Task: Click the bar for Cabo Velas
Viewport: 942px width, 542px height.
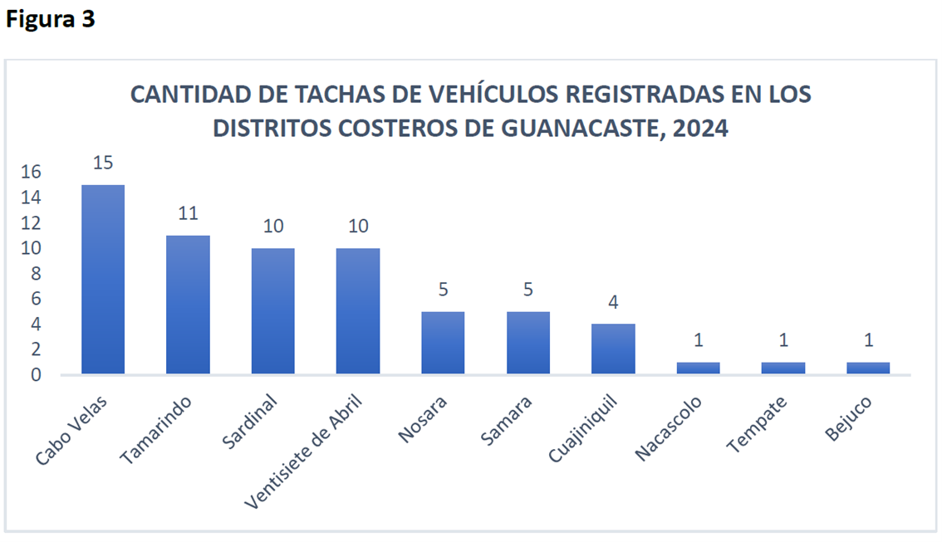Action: tap(103, 279)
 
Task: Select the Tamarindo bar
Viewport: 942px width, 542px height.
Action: tap(188, 305)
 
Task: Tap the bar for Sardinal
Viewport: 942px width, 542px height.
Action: tap(273, 311)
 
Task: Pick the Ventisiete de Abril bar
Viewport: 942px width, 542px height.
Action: tap(358, 311)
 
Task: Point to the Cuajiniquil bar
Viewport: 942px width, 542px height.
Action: tap(614, 349)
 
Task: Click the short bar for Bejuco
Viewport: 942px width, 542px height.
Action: tap(868, 368)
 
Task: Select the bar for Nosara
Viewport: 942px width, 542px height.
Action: tap(443, 343)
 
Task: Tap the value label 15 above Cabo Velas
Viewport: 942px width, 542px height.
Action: tap(103, 163)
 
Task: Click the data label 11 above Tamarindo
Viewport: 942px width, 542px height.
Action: tap(188, 213)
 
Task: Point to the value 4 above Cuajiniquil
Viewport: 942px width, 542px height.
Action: tap(614, 302)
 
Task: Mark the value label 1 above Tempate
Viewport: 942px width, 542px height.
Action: tap(783, 340)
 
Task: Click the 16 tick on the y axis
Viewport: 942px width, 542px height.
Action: tap(32, 172)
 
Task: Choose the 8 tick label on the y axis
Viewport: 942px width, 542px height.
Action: tap(37, 274)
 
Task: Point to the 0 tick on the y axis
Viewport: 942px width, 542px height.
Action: tap(37, 375)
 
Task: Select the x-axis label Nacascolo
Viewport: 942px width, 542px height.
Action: tap(669, 427)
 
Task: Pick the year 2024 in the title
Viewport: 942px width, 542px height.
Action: tap(701, 129)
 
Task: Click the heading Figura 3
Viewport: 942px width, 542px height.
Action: tap(51, 20)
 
